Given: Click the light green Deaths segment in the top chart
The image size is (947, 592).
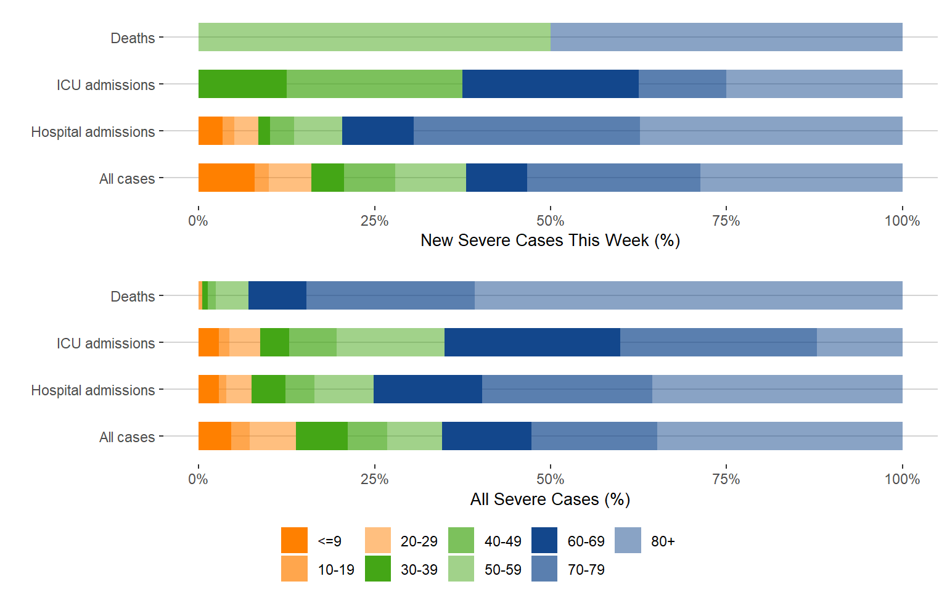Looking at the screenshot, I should (374, 37).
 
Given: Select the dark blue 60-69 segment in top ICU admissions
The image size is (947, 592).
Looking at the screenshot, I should (550, 84).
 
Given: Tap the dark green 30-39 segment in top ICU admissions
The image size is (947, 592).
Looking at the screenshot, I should (242, 84).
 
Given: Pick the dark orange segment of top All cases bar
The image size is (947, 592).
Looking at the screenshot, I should (226, 178).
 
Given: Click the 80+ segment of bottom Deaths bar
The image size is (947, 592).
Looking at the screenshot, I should (688, 295).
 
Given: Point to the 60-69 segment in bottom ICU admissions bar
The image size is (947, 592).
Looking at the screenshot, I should (532, 342).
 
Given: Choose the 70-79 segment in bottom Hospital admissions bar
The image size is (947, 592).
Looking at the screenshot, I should (567, 389).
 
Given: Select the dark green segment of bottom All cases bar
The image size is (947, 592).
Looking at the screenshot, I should (321, 436).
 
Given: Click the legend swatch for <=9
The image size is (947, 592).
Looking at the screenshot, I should (294, 540).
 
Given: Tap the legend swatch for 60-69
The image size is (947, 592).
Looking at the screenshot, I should (544, 540).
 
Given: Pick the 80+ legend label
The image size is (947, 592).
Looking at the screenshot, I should (663, 541).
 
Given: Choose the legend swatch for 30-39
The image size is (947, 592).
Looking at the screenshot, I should (378, 569).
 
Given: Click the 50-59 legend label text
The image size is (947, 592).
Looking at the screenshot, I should (502, 570).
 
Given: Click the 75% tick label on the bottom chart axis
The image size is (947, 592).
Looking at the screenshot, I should (726, 479).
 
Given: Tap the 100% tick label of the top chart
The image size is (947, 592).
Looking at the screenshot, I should (901, 221).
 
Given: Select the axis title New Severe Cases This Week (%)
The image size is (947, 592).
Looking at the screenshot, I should (550, 240).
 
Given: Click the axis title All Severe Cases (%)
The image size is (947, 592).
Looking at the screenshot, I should (550, 499).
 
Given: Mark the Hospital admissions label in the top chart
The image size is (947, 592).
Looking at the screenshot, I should (93, 132).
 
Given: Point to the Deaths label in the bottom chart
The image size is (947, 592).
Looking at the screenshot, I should (133, 297).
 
